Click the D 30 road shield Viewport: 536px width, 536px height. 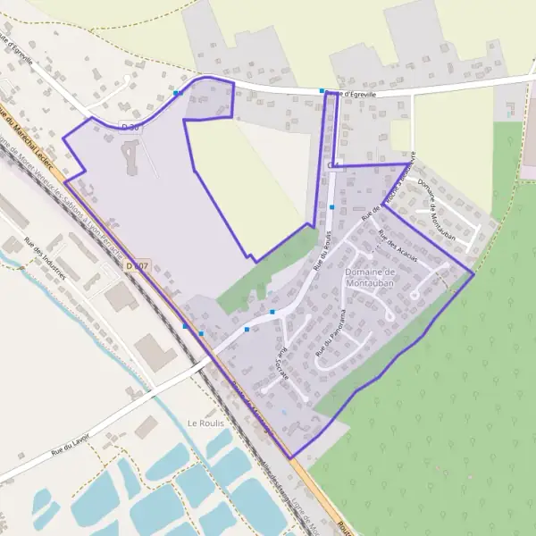click(x=130, y=128)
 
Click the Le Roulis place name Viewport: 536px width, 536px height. click(x=205, y=423)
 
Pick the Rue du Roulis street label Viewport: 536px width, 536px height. click(x=323, y=249)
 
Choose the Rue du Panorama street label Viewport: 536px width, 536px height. click(x=331, y=335)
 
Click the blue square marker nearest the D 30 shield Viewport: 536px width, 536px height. click(x=177, y=92)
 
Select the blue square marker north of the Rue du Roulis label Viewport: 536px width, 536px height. click(x=331, y=206)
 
